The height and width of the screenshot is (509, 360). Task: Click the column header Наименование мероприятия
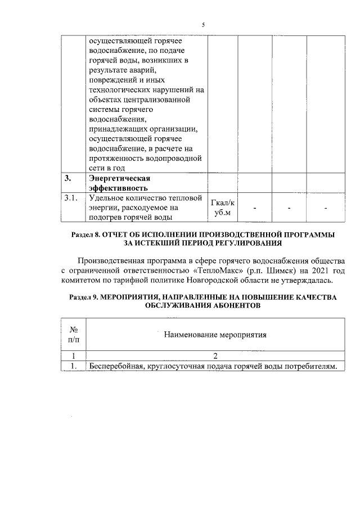[x=214, y=335]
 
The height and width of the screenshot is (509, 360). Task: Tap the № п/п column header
[x=73, y=335]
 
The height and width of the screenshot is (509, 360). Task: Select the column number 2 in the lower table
[x=215, y=355]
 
